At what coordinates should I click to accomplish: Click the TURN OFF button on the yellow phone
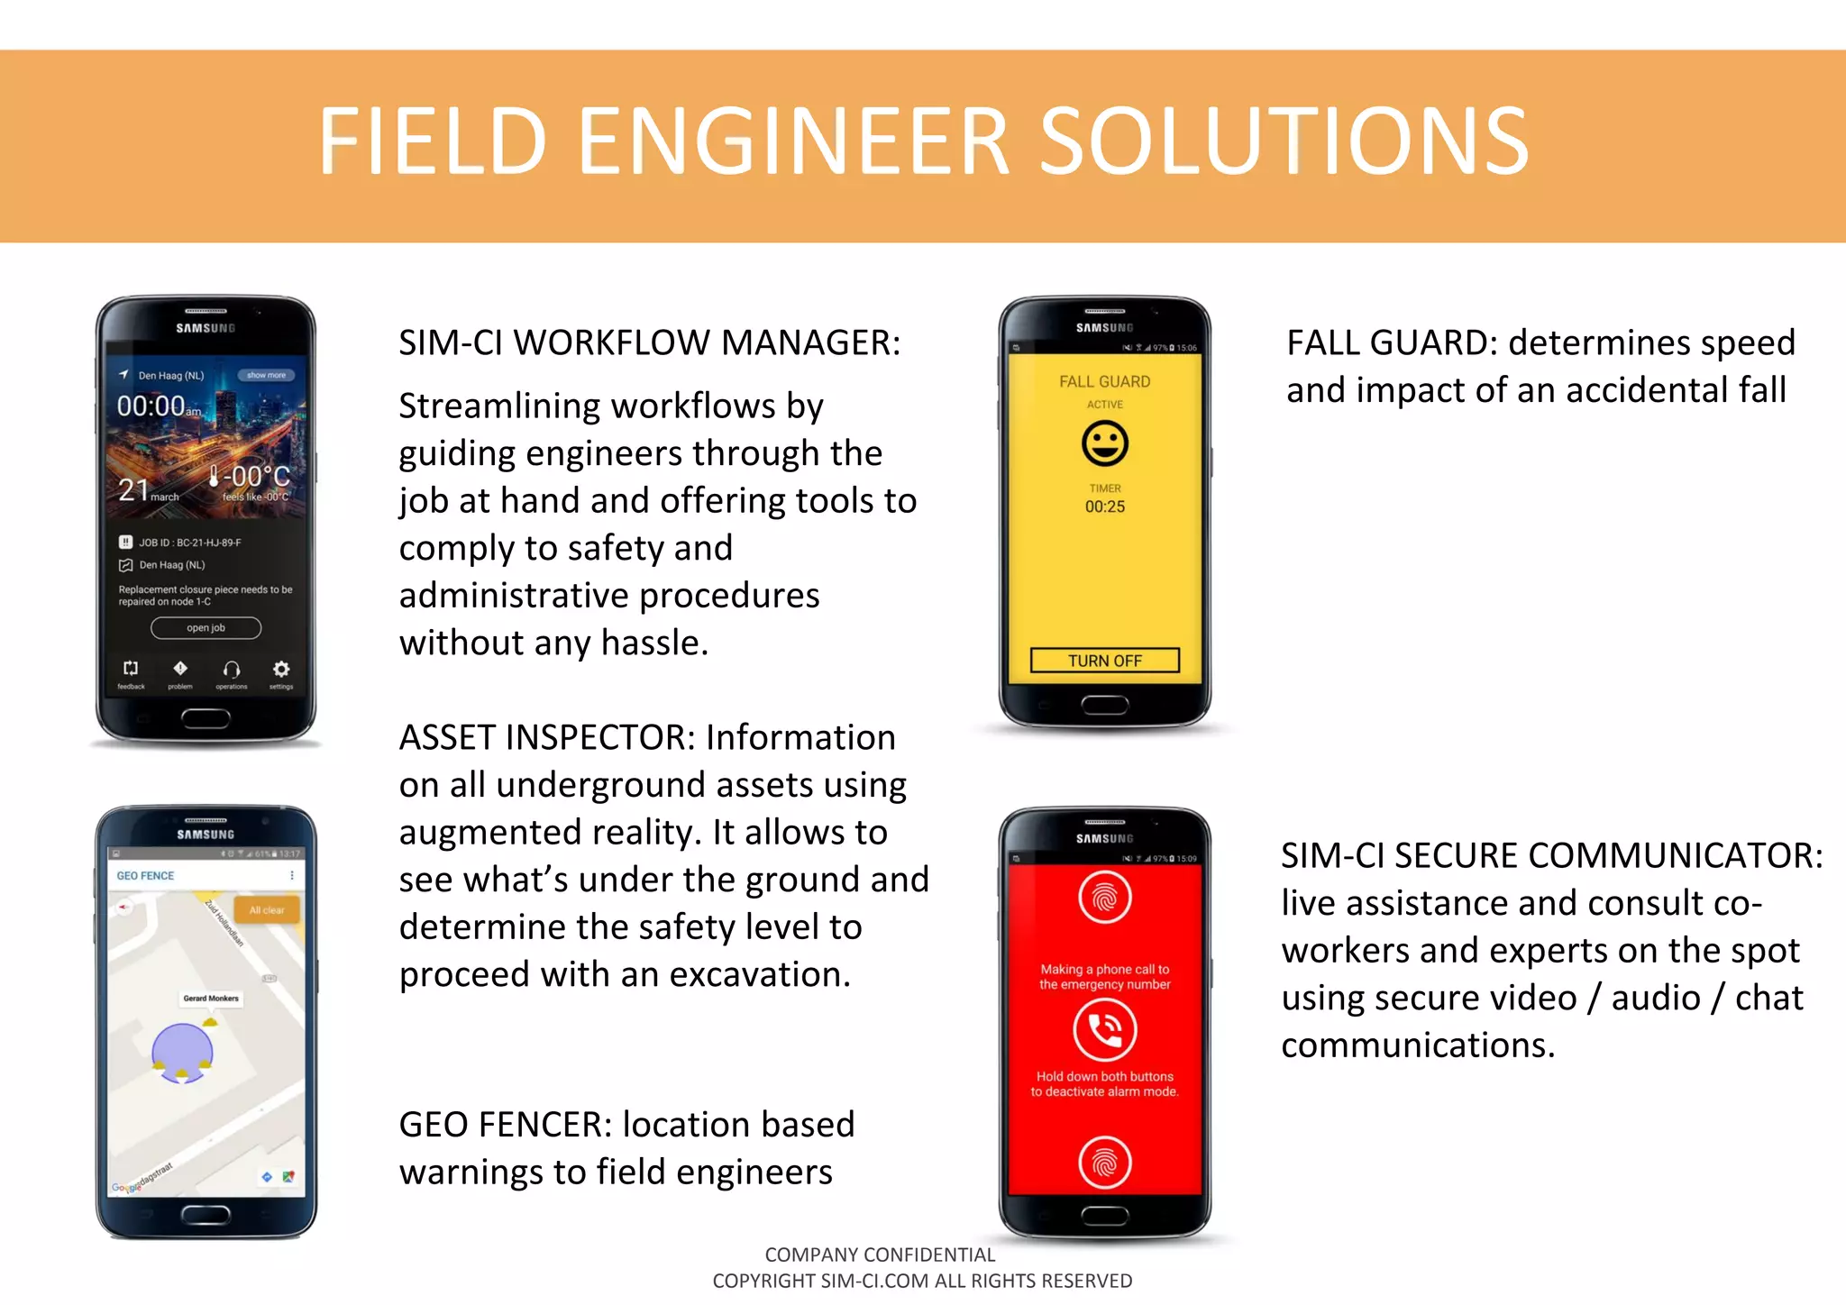tap(1104, 661)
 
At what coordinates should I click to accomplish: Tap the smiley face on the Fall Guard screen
tap(1104, 443)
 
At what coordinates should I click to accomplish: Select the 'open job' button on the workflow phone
tap(206, 628)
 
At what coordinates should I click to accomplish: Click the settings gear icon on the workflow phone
tap(281, 670)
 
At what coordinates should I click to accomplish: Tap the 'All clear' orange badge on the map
tap(267, 910)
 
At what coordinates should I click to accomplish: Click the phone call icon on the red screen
tap(1104, 1030)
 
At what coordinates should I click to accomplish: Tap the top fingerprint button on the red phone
tap(1104, 898)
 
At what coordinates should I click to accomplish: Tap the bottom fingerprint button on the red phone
tap(1104, 1163)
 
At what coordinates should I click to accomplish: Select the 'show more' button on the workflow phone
tap(266, 375)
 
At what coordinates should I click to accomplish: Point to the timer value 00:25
tap(1104, 506)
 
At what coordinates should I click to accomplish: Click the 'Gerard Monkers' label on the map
tap(211, 999)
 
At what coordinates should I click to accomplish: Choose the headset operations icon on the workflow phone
tap(232, 670)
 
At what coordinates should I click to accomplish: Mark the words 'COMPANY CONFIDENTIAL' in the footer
tap(880, 1255)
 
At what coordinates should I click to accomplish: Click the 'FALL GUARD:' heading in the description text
tap(1392, 343)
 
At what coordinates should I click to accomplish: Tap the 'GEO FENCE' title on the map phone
tap(145, 876)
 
